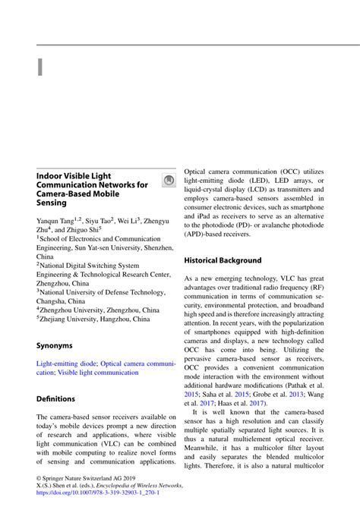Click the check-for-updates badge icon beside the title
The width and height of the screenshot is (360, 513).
169,181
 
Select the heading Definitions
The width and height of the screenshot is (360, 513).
56,398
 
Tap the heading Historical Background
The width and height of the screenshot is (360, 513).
223,260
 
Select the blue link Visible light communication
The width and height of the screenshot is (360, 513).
98,373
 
